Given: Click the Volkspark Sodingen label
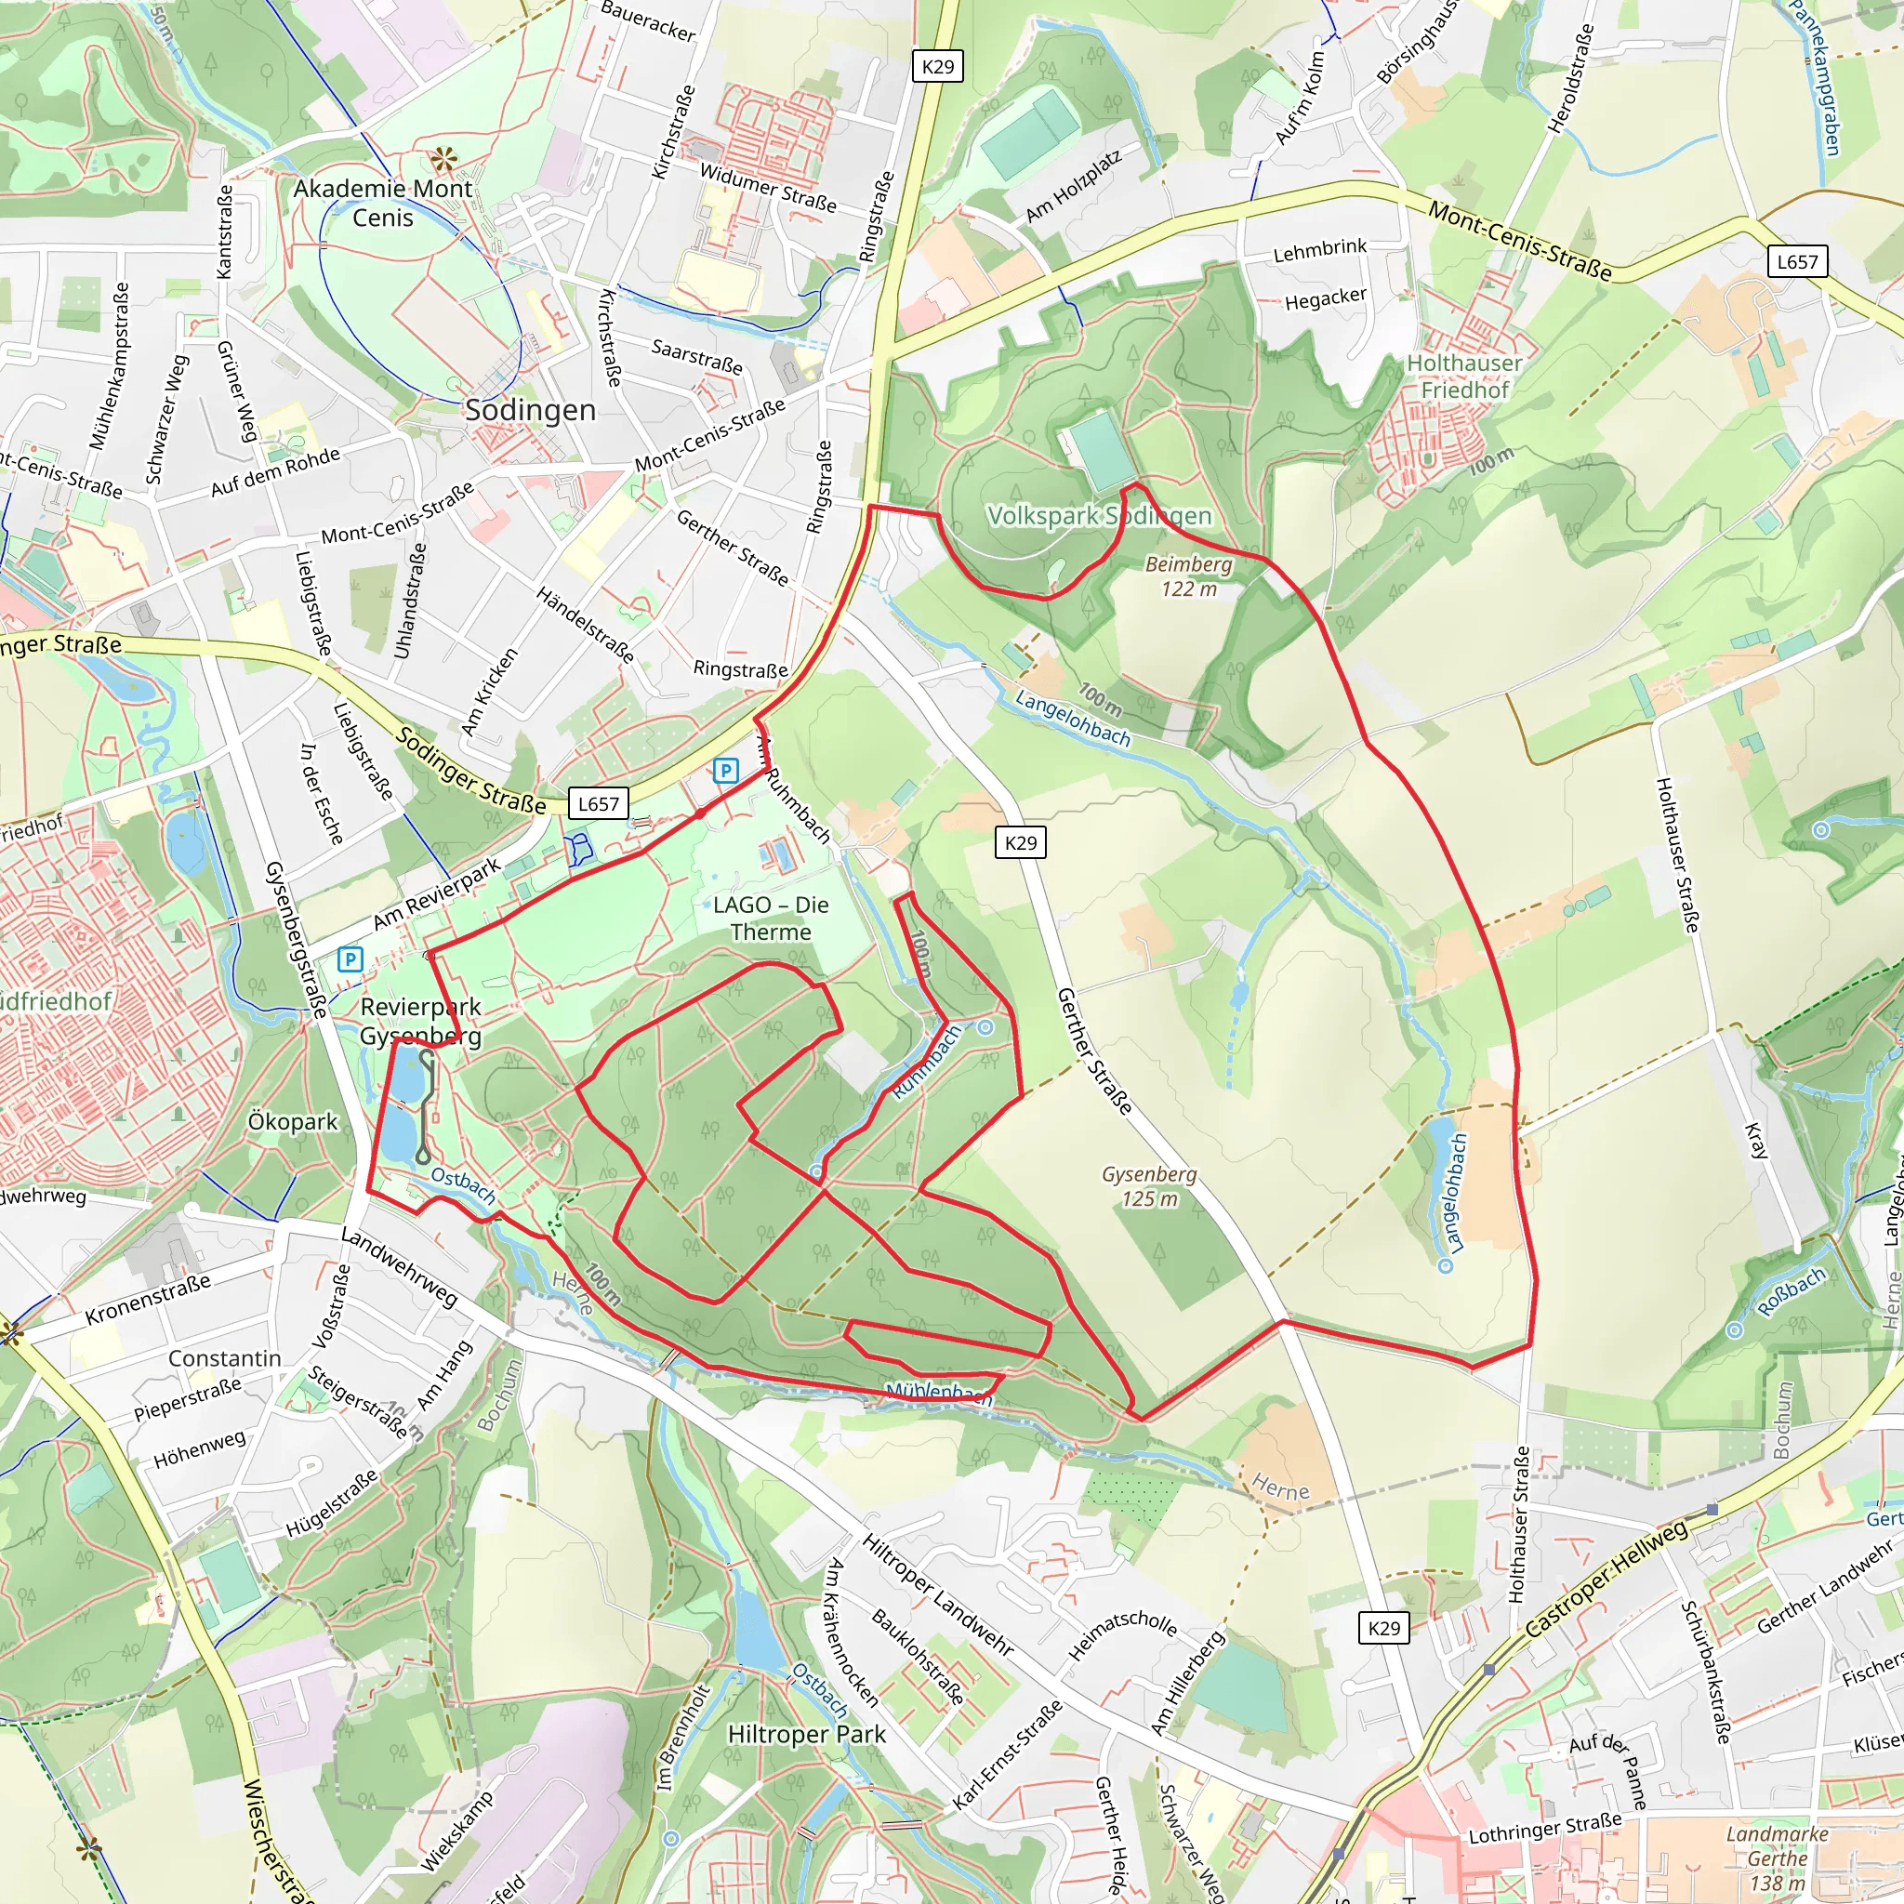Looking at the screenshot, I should (x=1099, y=515).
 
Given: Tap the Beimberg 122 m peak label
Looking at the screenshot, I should (x=1188, y=576).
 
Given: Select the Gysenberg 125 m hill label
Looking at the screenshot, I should (x=1149, y=1186).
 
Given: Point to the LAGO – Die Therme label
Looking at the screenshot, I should (x=771, y=919).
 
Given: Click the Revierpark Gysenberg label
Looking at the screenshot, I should (x=421, y=1021).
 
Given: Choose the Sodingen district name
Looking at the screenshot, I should (x=530, y=410).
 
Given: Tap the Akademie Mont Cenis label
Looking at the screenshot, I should (x=383, y=203).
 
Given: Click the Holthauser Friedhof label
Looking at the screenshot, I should (x=1464, y=377).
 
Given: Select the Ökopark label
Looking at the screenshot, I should (x=293, y=1121).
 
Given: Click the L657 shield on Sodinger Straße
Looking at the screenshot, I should (x=598, y=803).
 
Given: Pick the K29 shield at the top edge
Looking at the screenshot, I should (x=937, y=66).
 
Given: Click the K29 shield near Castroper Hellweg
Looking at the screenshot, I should (x=1383, y=1628).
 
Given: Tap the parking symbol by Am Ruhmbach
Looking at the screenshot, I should (x=726, y=771).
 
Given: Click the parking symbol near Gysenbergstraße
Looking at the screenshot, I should (x=350, y=959).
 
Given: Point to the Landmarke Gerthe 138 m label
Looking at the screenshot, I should (x=1777, y=1858).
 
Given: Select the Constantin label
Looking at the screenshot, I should (x=225, y=1358).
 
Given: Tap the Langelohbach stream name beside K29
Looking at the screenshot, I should (x=1072, y=719).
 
